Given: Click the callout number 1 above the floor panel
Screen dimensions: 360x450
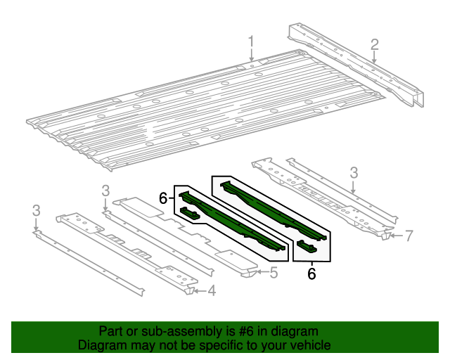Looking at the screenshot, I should click(x=250, y=46).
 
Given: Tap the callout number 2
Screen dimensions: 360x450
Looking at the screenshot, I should click(x=375, y=46).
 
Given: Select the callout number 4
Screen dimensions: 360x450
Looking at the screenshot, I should click(x=211, y=291).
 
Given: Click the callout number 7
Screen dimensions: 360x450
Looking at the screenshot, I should click(x=409, y=235).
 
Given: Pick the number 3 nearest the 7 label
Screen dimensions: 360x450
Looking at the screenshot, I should click(x=354, y=172).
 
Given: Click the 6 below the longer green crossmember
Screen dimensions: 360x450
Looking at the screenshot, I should click(x=311, y=273).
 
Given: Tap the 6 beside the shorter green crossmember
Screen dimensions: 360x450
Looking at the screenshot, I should click(x=163, y=199).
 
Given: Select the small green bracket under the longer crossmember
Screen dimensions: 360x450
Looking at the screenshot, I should click(x=307, y=245).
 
